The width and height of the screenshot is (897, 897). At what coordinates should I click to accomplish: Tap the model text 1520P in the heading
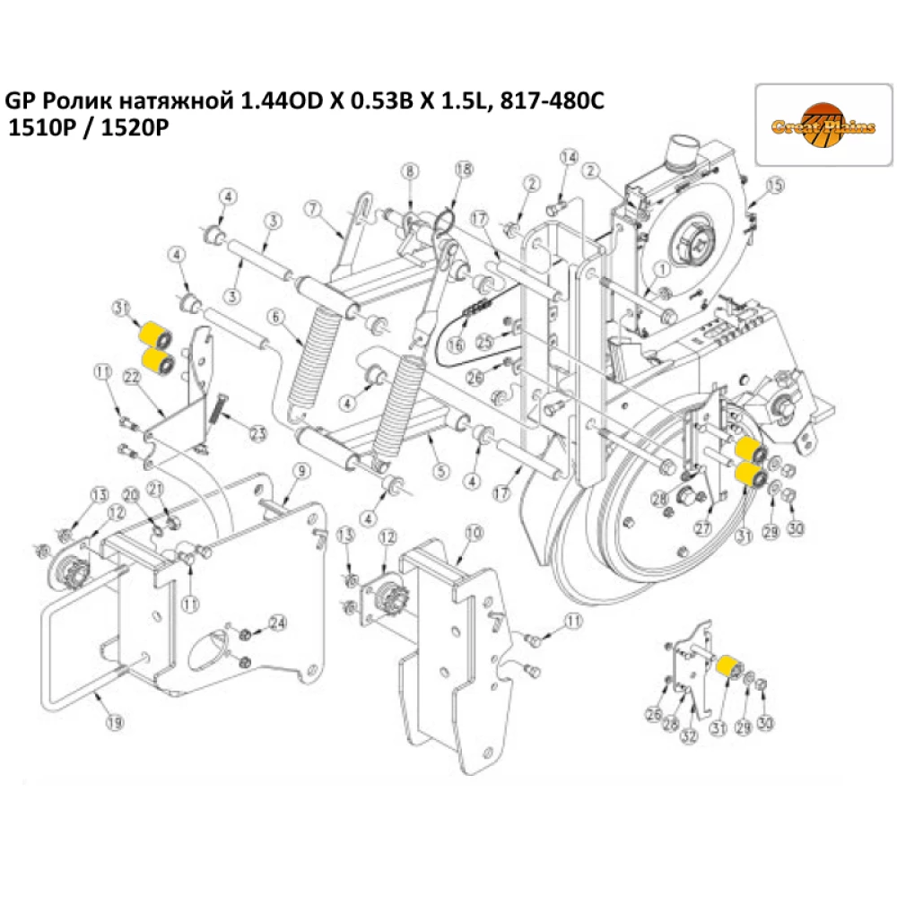(137, 128)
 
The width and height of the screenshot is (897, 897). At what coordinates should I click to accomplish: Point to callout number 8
(409, 171)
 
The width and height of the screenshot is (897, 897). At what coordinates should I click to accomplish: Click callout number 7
(313, 209)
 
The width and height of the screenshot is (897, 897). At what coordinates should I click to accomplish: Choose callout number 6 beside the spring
(275, 317)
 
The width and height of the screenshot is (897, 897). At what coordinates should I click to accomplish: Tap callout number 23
(259, 434)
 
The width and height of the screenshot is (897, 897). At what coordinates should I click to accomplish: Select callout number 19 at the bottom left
(114, 720)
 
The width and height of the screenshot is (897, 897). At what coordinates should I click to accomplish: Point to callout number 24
(278, 623)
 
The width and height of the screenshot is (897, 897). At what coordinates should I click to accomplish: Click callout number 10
(474, 532)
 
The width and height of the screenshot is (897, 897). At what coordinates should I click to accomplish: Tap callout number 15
(775, 186)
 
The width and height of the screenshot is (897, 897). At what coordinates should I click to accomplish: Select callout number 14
(567, 158)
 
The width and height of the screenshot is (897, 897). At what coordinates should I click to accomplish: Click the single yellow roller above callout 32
(728, 666)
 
